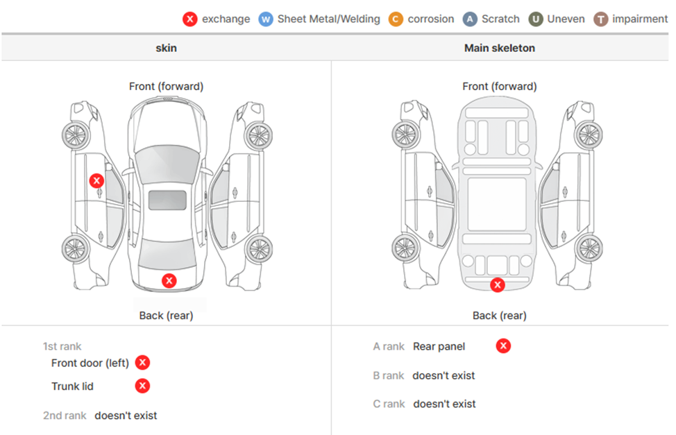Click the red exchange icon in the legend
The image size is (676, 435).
(190, 19)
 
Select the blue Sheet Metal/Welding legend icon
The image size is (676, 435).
(266, 19)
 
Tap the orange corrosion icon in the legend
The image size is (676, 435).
(396, 19)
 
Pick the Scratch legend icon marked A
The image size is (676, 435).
(471, 19)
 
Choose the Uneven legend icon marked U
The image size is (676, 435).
(536, 19)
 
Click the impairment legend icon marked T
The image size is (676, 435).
(601, 19)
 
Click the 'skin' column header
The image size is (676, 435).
(166, 48)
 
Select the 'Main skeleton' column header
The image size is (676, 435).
(499, 48)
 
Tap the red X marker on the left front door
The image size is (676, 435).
(96, 180)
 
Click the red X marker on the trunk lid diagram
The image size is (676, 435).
(169, 280)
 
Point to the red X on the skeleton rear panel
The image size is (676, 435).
(497, 284)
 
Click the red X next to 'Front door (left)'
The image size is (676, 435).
(142, 362)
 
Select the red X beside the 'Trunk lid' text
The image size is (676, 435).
(142, 386)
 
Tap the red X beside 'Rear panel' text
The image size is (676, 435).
(503, 346)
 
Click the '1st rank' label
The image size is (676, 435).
(62, 346)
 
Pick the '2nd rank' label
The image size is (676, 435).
(65, 416)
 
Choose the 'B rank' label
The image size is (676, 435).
(389, 375)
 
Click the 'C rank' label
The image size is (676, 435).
(389, 404)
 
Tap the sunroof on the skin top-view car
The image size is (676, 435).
(167, 200)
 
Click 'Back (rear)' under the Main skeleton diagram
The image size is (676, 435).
(499, 315)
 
